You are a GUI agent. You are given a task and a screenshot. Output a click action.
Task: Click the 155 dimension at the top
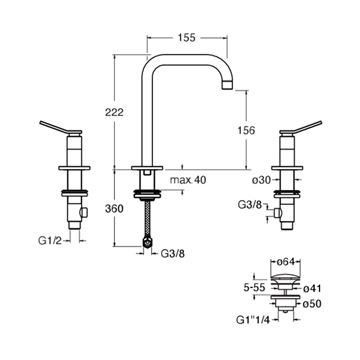coord(187,38)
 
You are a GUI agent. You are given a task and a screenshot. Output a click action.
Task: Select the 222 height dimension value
coord(114,112)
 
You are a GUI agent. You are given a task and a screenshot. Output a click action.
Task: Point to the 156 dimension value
coord(246,130)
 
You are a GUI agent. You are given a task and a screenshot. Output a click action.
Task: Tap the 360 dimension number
coord(114,209)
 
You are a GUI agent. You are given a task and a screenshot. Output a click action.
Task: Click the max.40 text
coord(188,180)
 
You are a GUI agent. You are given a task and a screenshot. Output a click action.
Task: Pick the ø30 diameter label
coord(261,180)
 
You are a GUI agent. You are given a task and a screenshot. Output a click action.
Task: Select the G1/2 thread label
coord(49,241)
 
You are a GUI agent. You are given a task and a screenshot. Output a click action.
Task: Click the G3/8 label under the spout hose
coord(173,254)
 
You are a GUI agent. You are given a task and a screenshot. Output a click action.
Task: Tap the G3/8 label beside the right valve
coord(250,205)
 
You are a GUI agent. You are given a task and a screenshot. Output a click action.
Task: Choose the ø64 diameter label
coord(285,262)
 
